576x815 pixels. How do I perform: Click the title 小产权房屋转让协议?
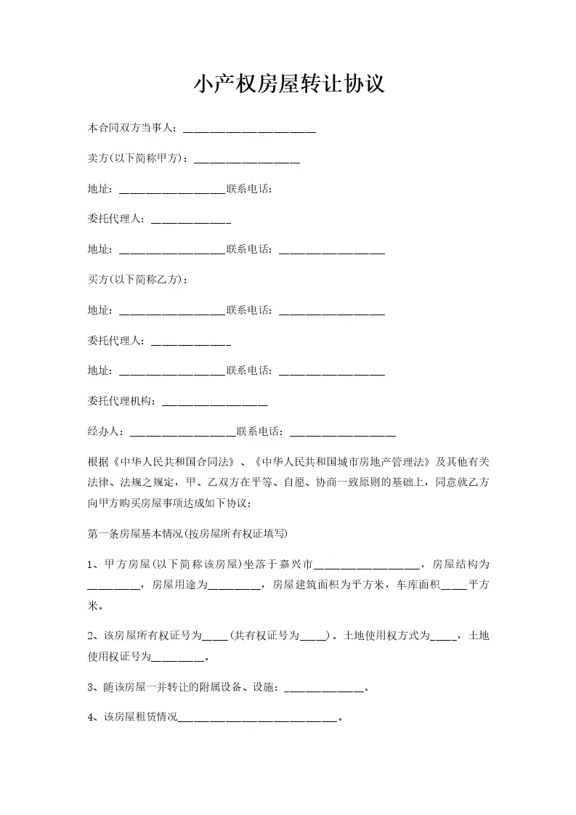[x=288, y=85]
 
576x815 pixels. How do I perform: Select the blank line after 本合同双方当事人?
[x=249, y=130]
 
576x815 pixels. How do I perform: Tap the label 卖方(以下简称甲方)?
[x=138, y=159]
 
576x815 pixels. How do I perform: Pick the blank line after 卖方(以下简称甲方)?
[x=248, y=161]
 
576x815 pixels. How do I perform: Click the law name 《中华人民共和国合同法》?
[x=174, y=462]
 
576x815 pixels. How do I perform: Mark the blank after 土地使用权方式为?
[x=443, y=637]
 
